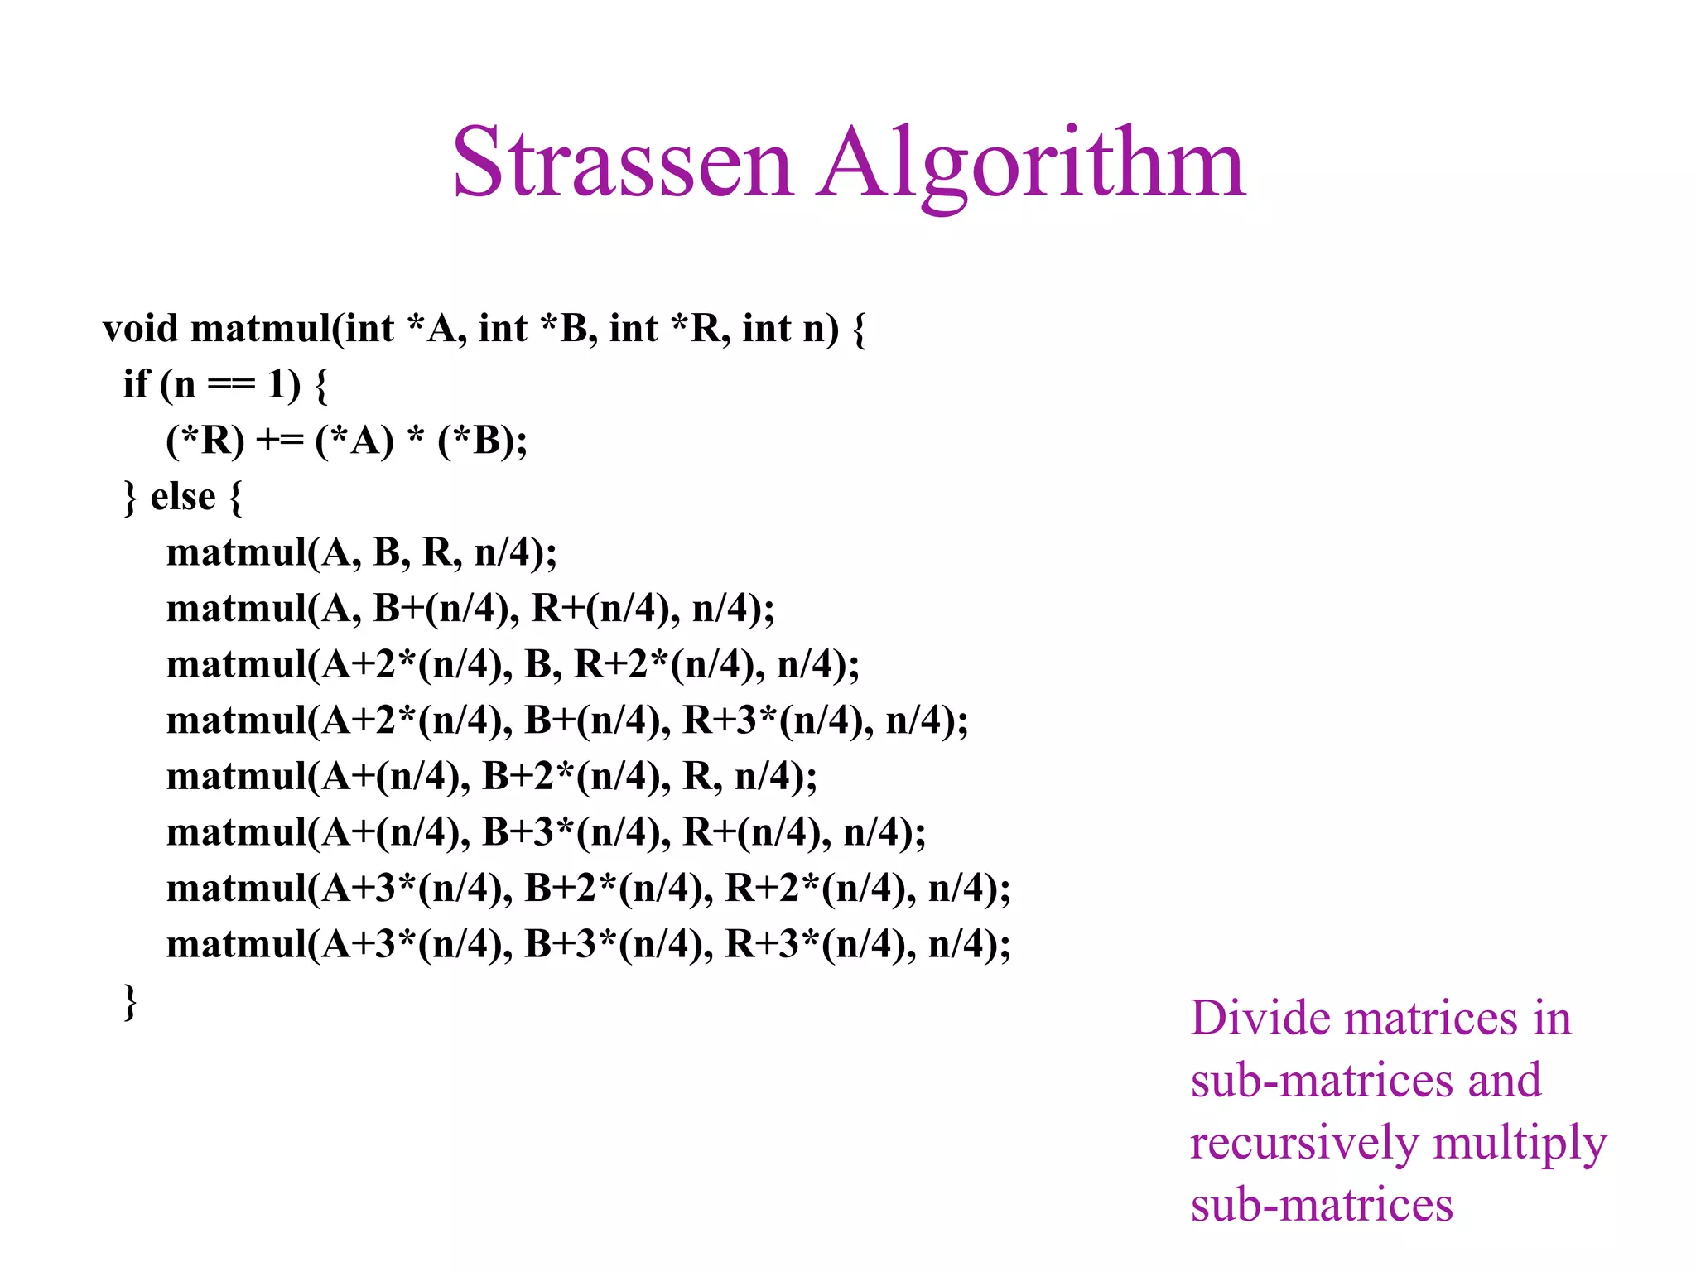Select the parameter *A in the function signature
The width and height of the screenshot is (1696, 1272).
[431, 329]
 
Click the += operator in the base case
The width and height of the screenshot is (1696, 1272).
[280, 441]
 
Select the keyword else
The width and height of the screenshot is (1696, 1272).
[183, 497]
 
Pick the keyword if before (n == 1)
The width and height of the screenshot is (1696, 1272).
[136, 385]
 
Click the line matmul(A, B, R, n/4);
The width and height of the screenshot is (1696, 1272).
[362, 553]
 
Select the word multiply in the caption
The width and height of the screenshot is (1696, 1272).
[1520, 1144]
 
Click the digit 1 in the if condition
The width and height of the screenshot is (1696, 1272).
[276, 385]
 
